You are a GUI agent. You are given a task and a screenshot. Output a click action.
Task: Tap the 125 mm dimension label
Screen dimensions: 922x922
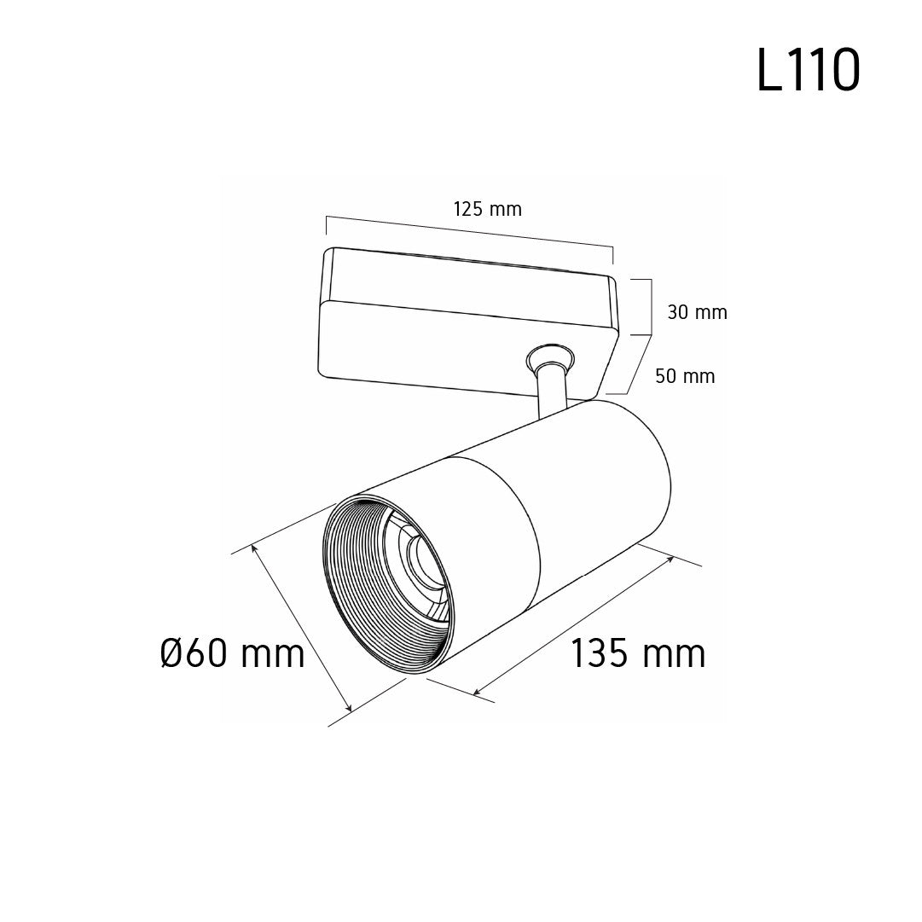click(x=488, y=209)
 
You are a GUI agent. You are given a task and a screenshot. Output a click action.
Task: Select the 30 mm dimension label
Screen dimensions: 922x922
click(x=698, y=312)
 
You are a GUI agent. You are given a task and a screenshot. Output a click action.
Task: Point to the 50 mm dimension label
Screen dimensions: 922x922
click(x=685, y=376)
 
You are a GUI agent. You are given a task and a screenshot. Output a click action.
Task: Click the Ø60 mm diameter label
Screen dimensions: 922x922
click(x=233, y=653)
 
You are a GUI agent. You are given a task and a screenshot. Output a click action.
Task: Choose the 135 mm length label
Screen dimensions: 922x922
click(x=638, y=653)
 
